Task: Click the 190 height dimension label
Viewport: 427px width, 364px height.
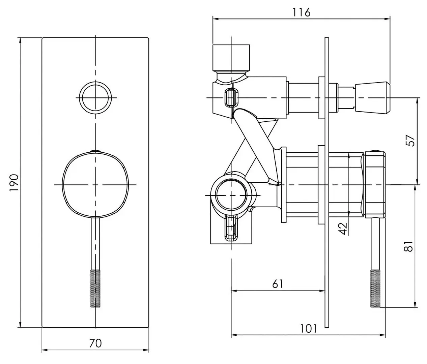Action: (13, 183)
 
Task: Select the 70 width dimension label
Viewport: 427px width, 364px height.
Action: (95, 343)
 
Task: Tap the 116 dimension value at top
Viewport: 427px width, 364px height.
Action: (301, 12)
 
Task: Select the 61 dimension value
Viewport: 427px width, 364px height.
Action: (277, 284)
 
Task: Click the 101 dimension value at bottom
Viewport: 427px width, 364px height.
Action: (308, 328)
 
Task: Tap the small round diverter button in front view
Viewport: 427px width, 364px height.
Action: (95, 98)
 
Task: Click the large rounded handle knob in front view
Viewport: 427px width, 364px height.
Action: (95, 185)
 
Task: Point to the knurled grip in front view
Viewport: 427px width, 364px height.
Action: (95, 288)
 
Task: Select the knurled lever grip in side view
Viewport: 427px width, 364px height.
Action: (375, 288)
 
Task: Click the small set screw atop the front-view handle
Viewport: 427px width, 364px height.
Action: (95, 151)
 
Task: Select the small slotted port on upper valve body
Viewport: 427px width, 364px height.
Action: (230, 98)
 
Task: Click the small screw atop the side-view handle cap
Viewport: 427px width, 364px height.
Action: (375, 151)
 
